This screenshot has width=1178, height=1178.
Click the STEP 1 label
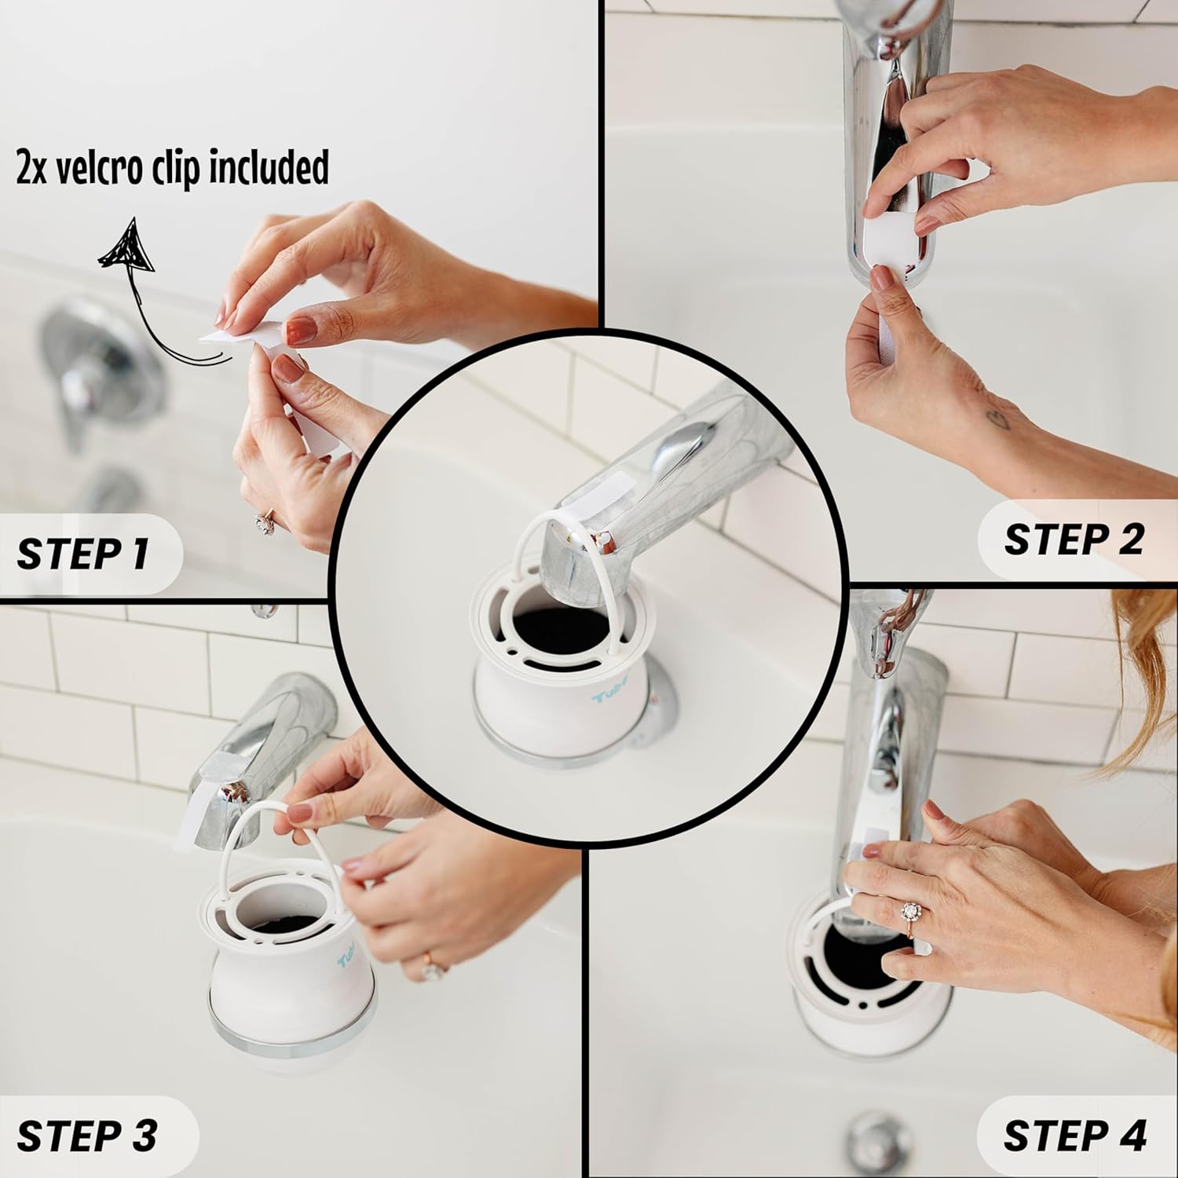tap(82, 554)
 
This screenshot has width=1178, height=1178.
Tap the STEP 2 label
tap(1073, 540)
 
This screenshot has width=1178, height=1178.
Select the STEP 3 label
tap(86, 1136)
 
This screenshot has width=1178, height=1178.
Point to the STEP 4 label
tap(1074, 1136)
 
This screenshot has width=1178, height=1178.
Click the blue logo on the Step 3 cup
tap(346, 960)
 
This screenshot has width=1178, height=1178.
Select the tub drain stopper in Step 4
tap(874, 1136)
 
